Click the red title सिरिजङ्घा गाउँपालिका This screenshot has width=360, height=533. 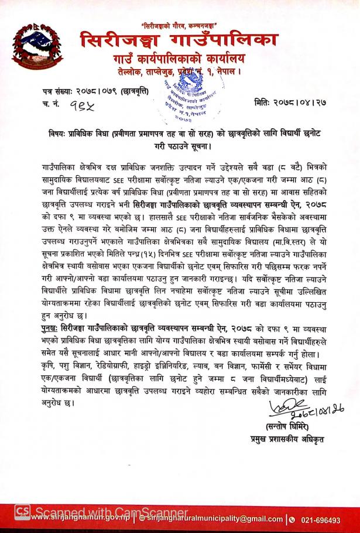(x=179, y=42)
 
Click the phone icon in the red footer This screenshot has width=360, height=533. (x=290, y=520)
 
